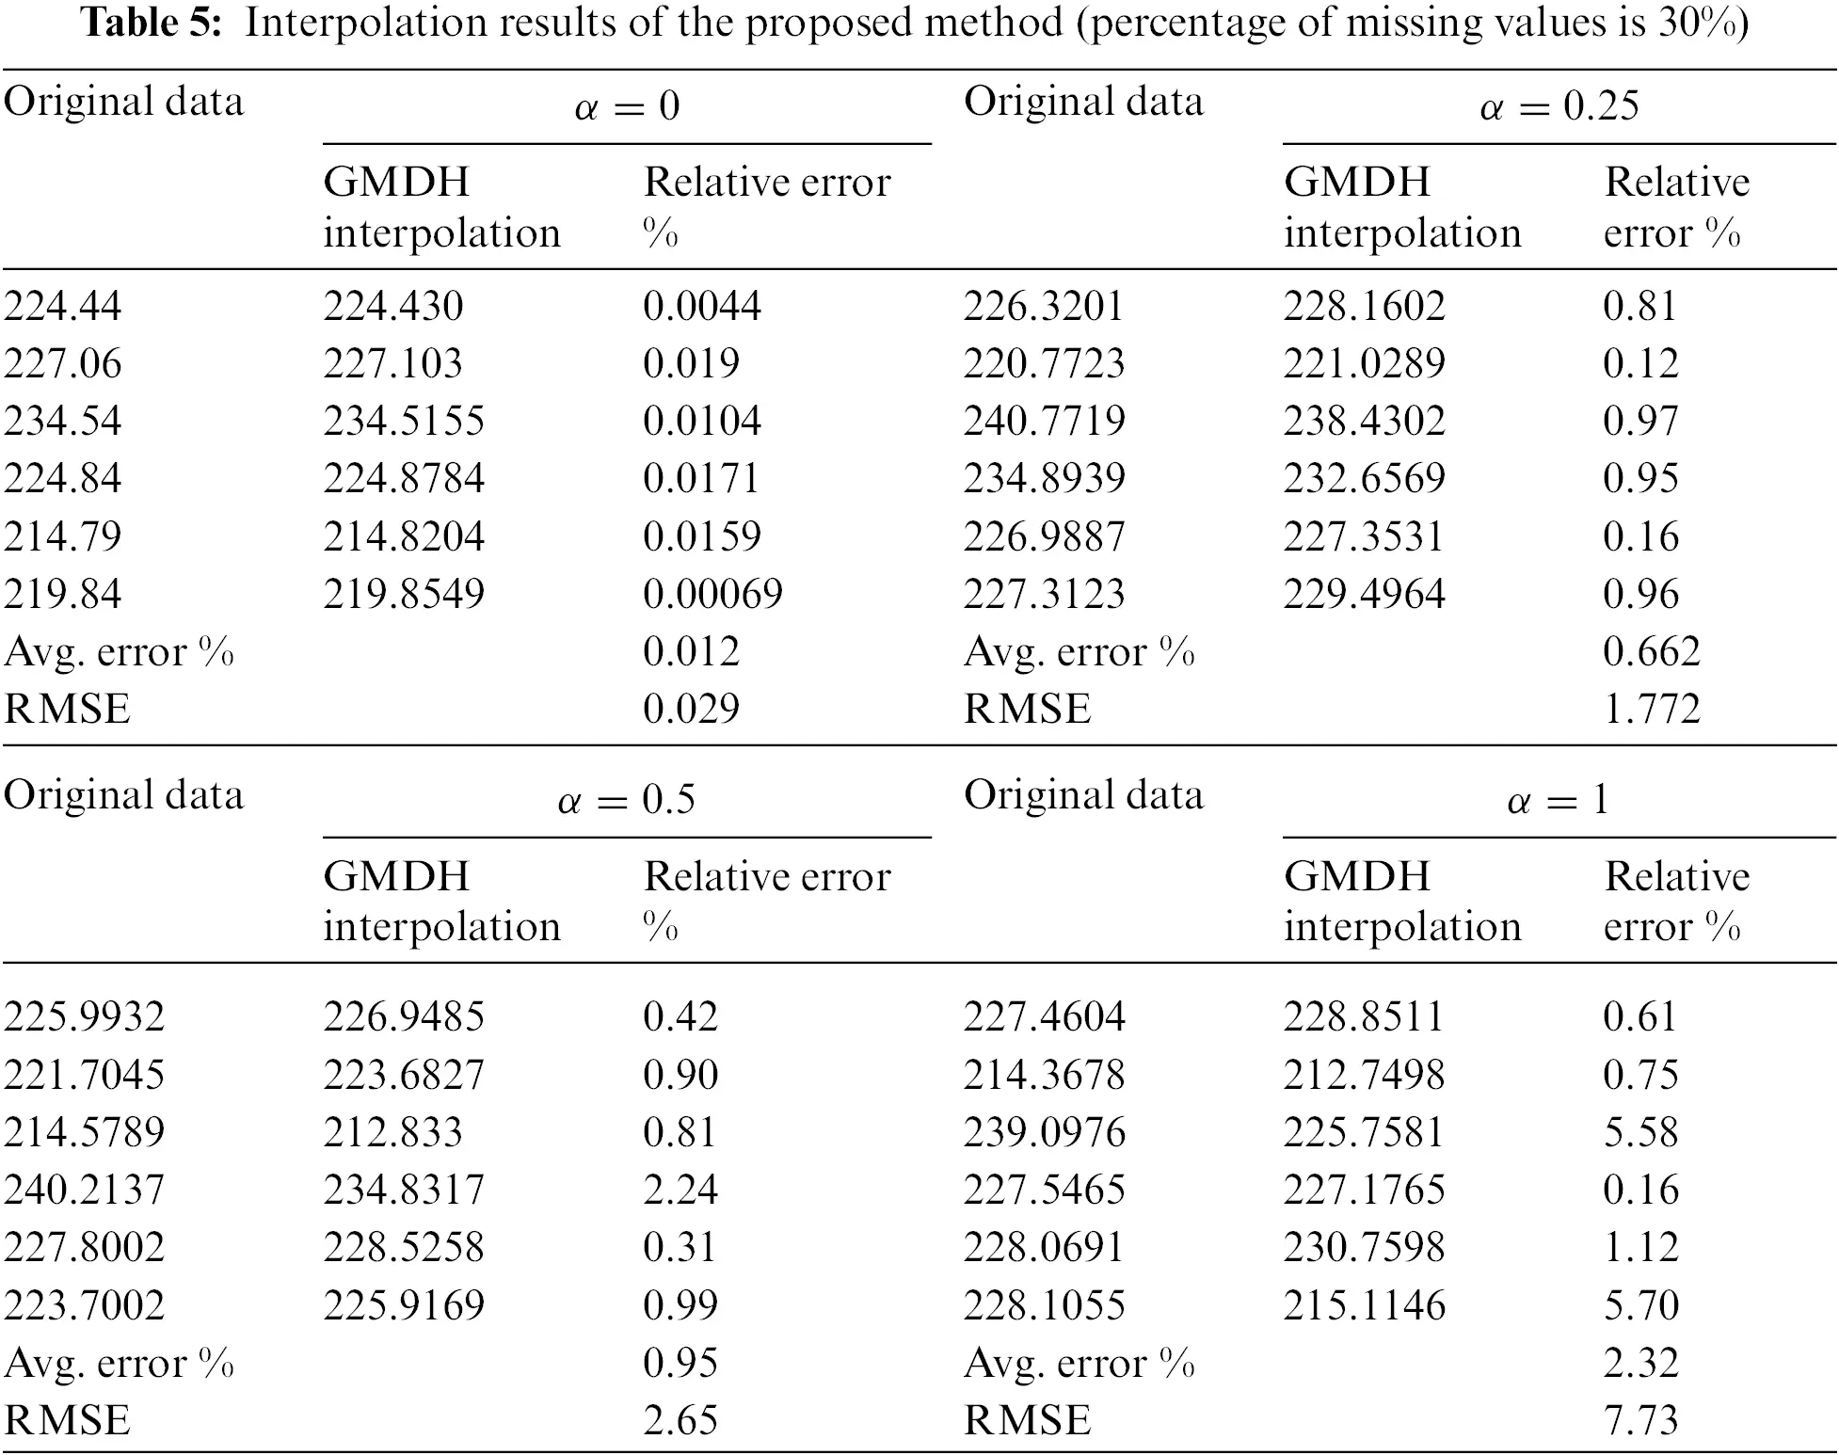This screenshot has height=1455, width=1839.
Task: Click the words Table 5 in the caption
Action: pos(152,23)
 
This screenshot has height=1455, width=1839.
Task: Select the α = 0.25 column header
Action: pos(1559,105)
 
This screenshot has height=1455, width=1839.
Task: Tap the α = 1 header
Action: pos(1559,800)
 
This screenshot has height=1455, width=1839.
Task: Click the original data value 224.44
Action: pos(63,306)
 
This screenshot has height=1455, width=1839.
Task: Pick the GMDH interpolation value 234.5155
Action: pos(404,421)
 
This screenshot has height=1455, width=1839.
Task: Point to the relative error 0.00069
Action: pos(712,594)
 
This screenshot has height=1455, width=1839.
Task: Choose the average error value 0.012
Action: pos(691,651)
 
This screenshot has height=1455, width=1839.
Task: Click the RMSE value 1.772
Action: pos(1652,709)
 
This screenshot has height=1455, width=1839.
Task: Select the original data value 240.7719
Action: pos(1044,421)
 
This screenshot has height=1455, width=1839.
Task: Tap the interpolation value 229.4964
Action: pos(1364,594)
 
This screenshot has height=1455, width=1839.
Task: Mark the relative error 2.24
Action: pos(680,1190)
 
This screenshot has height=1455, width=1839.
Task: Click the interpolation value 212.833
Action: pos(392,1132)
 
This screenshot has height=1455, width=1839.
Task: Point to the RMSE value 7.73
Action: pos(1640,1420)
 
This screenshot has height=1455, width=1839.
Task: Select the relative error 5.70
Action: pos(1640,1305)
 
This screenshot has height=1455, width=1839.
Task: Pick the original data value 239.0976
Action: pos(1044,1132)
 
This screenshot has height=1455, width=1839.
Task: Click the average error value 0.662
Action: pos(1652,651)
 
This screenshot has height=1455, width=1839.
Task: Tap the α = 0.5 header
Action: pos(626,800)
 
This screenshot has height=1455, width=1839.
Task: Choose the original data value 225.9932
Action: pos(84,1016)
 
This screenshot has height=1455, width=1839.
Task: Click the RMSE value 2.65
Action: pos(680,1420)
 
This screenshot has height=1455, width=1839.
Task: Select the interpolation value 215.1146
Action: pos(1364,1305)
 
